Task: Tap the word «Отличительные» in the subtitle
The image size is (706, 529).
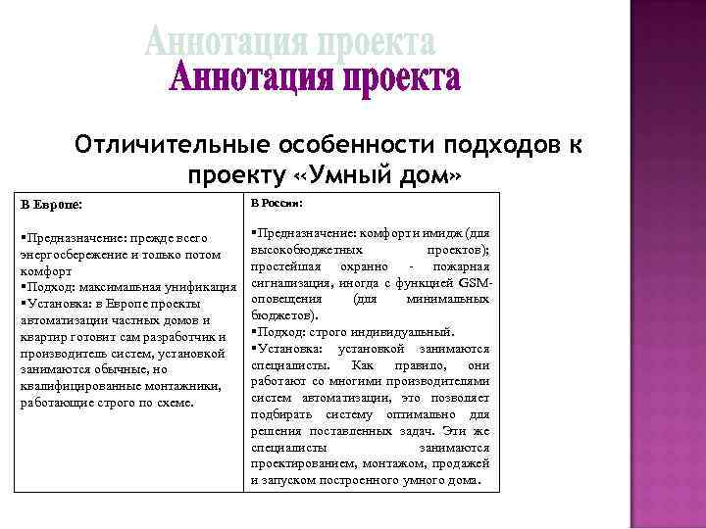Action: pyautogui.click(x=173, y=146)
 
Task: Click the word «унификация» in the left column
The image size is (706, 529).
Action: pyautogui.click(x=203, y=286)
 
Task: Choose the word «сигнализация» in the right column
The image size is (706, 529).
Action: pyautogui.click(x=291, y=282)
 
